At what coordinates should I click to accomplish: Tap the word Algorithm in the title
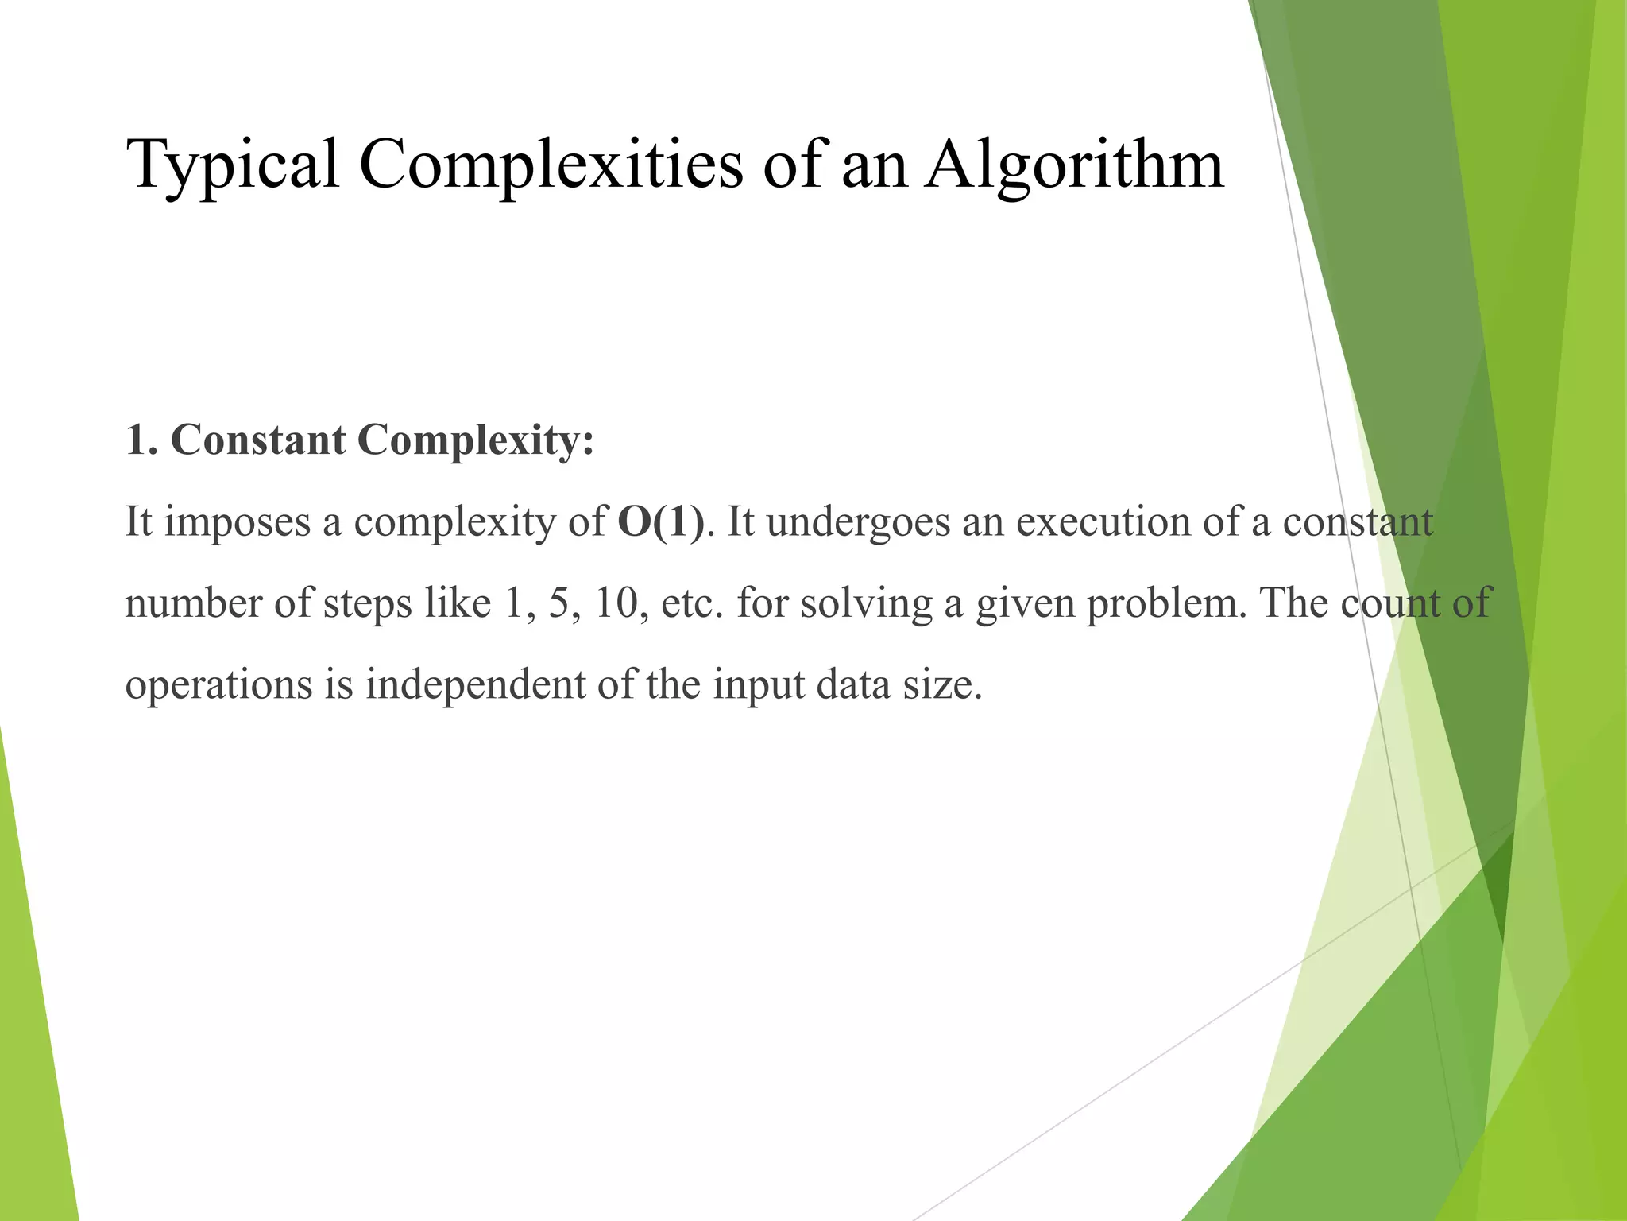click(1074, 165)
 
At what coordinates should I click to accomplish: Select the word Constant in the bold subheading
click(257, 440)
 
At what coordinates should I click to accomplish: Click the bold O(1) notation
click(660, 522)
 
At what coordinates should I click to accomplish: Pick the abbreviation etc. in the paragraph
click(692, 603)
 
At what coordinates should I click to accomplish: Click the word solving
click(866, 603)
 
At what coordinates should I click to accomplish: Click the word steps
click(368, 605)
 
